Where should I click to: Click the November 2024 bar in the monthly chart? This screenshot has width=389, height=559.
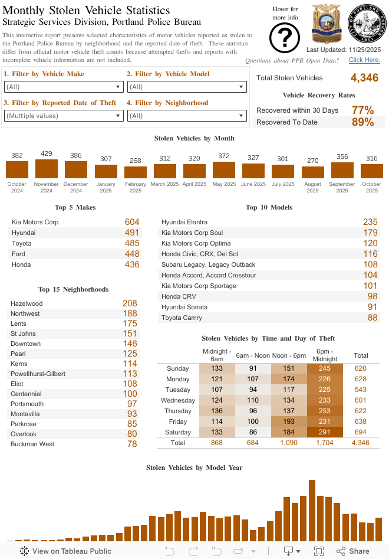pyautogui.click(x=47, y=169)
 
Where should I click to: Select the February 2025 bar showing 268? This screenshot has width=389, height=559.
pyautogui.click(x=136, y=172)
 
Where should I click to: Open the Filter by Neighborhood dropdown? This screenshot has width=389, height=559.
pyautogui.click(x=187, y=116)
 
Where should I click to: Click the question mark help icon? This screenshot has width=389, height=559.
pyautogui.click(x=285, y=38)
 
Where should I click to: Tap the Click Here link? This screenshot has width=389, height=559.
pyautogui.click(x=364, y=60)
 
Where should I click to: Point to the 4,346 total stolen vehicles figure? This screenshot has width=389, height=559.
pyautogui.click(x=364, y=78)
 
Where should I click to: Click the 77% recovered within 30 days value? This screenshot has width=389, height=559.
pyautogui.click(x=362, y=110)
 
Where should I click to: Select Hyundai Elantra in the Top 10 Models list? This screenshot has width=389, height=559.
pyautogui.click(x=184, y=222)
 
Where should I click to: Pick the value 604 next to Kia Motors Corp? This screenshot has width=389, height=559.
pyautogui.click(x=132, y=222)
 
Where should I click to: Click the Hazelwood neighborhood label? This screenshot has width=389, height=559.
pyautogui.click(x=27, y=303)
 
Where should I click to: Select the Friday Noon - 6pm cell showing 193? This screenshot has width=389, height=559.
pyautogui.click(x=289, y=421)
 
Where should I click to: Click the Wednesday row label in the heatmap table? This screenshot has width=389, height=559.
pyautogui.click(x=177, y=400)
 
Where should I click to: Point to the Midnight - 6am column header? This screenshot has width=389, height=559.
pyautogui.click(x=217, y=355)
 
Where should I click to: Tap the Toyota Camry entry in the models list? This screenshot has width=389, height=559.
pyautogui.click(x=182, y=318)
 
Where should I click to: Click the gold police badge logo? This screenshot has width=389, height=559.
pyautogui.click(x=326, y=24)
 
